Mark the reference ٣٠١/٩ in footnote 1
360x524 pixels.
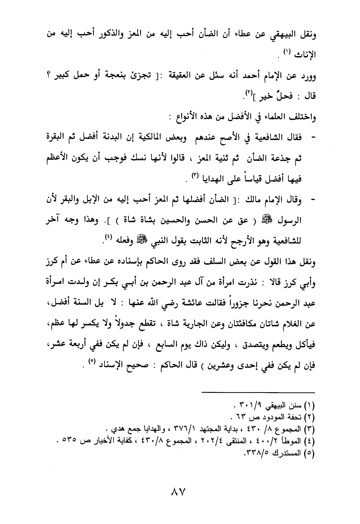coord(251,406)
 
